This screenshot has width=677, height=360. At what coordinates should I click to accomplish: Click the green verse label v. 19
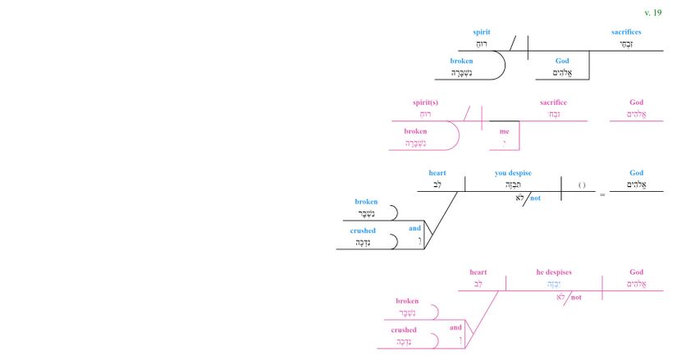click(652, 13)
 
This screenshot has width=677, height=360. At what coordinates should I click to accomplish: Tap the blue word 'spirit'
click(482, 32)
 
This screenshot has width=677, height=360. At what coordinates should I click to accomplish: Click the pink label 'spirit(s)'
click(427, 103)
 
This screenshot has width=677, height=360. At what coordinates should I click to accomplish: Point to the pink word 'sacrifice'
click(553, 103)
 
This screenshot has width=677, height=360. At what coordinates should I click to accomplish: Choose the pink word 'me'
click(504, 131)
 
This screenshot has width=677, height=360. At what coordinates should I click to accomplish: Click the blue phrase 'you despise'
click(513, 173)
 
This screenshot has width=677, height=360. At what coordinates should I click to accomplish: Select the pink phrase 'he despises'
click(554, 272)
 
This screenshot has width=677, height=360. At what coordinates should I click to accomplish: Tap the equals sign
click(602, 195)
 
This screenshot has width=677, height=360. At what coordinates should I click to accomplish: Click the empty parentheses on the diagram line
click(581, 185)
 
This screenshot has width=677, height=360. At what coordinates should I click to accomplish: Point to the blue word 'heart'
click(437, 173)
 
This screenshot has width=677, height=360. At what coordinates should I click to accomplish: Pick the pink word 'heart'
click(478, 272)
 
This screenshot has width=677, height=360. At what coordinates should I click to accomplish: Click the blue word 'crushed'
click(362, 230)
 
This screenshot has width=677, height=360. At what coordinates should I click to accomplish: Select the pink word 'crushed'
click(403, 330)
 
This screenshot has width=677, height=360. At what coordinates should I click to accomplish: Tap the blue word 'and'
click(415, 228)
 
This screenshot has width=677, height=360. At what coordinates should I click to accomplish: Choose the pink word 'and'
click(456, 327)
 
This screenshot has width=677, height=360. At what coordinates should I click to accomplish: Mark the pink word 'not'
click(576, 297)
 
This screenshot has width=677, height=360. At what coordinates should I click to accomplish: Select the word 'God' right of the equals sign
click(636, 173)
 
